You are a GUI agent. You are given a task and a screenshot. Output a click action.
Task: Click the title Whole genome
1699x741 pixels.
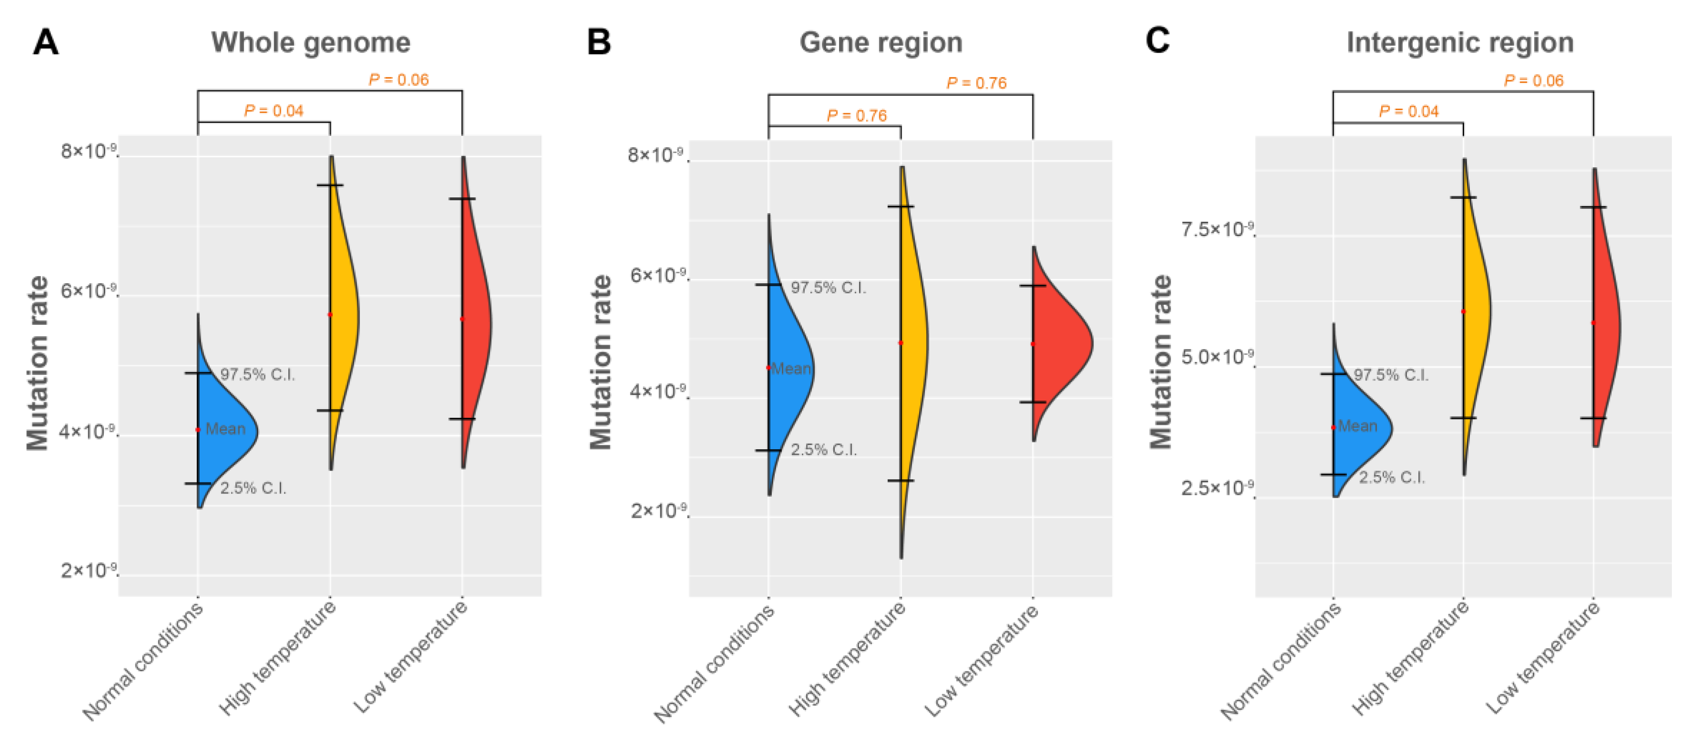(x=311, y=42)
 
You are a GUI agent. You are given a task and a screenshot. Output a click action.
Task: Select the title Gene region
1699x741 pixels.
(x=880, y=42)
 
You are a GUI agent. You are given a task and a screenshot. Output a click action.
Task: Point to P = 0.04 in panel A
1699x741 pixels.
(x=273, y=110)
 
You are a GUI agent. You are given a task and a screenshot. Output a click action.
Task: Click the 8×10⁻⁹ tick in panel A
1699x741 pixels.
(x=88, y=151)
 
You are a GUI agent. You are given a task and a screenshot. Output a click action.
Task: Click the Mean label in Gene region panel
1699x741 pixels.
(x=791, y=368)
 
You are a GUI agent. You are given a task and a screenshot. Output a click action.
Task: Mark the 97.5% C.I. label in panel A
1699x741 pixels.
(x=257, y=374)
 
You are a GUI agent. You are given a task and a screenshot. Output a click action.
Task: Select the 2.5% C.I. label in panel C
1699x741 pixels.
(x=1392, y=477)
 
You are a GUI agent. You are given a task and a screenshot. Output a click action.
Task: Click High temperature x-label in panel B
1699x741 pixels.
(x=848, y=660)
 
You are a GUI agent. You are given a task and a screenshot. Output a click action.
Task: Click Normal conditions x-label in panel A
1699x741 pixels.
(x=143, y=662)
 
